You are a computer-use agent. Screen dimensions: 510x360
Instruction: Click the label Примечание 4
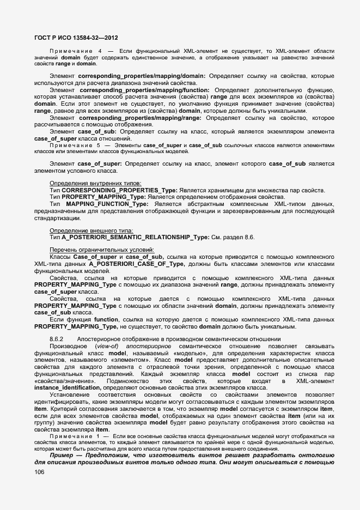75,51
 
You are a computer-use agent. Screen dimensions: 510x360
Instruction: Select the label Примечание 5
75,145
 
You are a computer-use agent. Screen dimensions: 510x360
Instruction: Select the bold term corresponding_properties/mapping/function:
144,89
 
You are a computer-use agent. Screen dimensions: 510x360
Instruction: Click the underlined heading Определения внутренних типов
95,183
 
